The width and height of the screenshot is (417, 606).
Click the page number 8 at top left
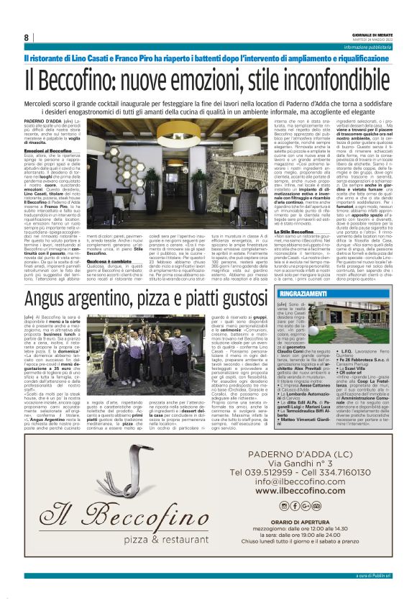coord(26,37)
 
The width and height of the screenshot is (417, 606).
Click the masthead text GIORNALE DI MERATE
coord(372,33)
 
